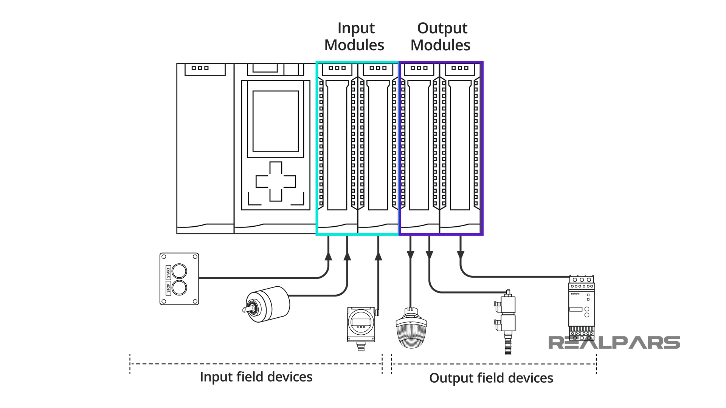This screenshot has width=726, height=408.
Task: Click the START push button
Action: pyautogui.click(x=179, y=271)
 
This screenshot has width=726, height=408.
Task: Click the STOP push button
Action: pyautogui.click(x=179, y=288)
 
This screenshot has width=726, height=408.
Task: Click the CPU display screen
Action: pyautogui.click(x=276, y=121)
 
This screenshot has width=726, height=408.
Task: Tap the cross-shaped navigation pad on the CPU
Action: pyautogui.click(x=276, y=181)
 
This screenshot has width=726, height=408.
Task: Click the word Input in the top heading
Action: pyautogui.click(x=356, y=28)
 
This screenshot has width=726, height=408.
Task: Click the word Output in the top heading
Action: pyautogui.click(x=442, y=28)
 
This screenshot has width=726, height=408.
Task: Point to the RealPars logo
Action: pyautogui.click(x=614, y=343)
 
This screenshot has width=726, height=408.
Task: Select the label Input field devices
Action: pyautogui.click(x=256, y=377)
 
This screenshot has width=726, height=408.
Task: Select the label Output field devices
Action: pyautogui.click(x=491, y=378)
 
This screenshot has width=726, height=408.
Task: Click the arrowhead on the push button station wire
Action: pyautogui.click(x=328, y=256)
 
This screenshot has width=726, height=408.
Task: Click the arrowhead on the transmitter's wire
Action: pyautogui.click(x=378, y=256)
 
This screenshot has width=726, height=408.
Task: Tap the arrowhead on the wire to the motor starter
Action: pyautogui.click(x=460, y=255)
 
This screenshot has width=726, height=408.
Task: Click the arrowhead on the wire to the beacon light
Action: pyautogui.click(x=410, y=255)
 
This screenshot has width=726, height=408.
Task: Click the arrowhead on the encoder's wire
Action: pyautogui.click(x=347, y=256)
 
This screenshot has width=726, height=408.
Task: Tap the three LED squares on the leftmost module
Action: pyautogui.click(x=200, y=68)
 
